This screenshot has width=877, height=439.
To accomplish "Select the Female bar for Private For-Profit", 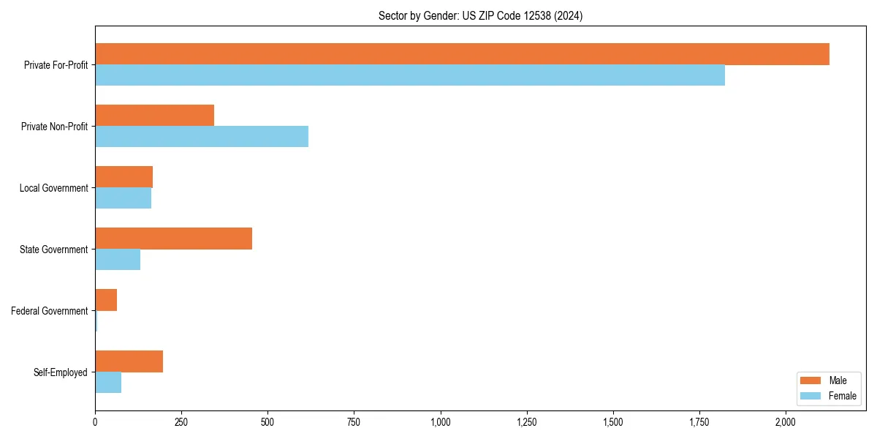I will (410, 75).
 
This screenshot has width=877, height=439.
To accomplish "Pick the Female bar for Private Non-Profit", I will (202, 137).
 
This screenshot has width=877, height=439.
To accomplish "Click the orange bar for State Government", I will (173, 239).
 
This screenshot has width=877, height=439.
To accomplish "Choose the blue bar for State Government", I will (118, 260).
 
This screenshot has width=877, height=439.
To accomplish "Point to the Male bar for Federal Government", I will (106, 300).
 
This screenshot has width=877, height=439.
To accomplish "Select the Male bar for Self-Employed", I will (129, 361).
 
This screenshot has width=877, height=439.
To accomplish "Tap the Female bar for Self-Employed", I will (108, 383).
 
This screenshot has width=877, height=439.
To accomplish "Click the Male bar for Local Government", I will (124, 177).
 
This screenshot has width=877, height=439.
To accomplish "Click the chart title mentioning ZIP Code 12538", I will (480, 15).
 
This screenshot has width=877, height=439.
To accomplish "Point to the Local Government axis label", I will (53, 188).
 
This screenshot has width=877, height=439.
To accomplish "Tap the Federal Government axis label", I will (50, 311).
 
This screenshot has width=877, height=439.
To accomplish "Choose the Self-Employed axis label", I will (60, 372).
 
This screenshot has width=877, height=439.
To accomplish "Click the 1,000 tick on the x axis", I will (440, 422).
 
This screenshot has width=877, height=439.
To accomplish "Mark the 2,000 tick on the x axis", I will (786, 422).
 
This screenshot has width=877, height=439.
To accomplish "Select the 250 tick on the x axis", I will (181, 422).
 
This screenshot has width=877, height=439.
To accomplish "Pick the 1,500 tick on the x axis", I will (613, 422).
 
